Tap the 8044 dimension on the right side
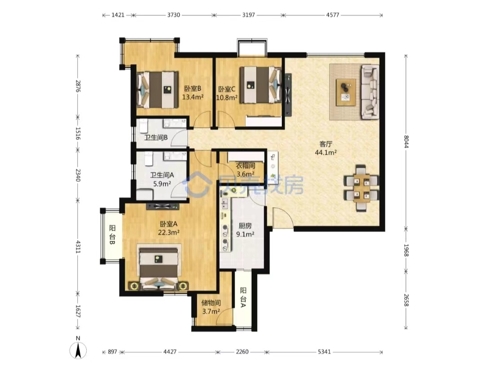click(406, 142)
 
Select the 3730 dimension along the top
click(173, 15)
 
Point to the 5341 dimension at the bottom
click(324, 352)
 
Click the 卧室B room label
click(192, 89)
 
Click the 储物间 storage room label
click(211, 303)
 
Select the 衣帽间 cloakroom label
click(246, 166)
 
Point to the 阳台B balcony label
click(112, 235)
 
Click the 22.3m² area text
click(169, 232)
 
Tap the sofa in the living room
click(370, 92)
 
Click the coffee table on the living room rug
click(346, 92)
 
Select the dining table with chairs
click(362, 188)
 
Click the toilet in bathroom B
click(143, 126)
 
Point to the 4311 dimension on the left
click(78, 246)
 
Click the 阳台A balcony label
click(243, 297)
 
